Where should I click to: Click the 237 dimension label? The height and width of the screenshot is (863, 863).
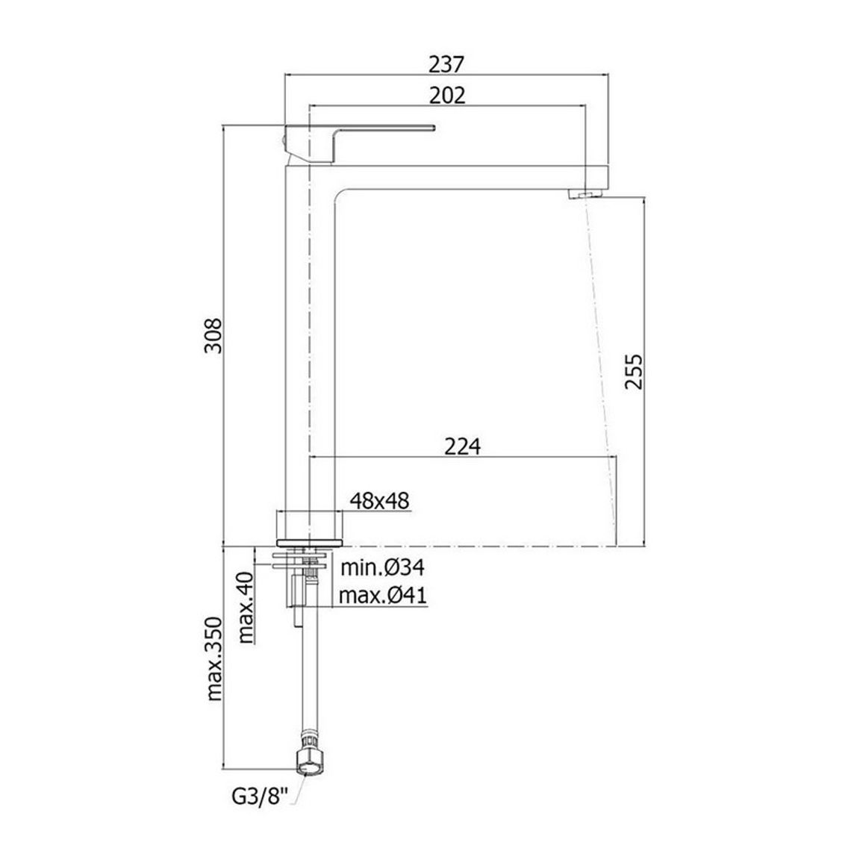coord(447,64)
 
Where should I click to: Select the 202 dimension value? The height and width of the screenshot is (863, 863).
coord(447,96)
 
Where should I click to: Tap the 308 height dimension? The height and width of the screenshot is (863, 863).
coord(213,335)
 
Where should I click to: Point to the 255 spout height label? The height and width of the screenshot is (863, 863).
coord(634,371)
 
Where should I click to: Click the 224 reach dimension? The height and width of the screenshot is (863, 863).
coord(462,446)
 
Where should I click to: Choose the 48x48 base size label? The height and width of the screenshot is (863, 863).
coord(380,501)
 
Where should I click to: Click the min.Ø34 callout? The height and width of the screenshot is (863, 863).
coord(383,567)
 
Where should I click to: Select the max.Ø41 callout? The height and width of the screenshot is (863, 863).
coord(383,595)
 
